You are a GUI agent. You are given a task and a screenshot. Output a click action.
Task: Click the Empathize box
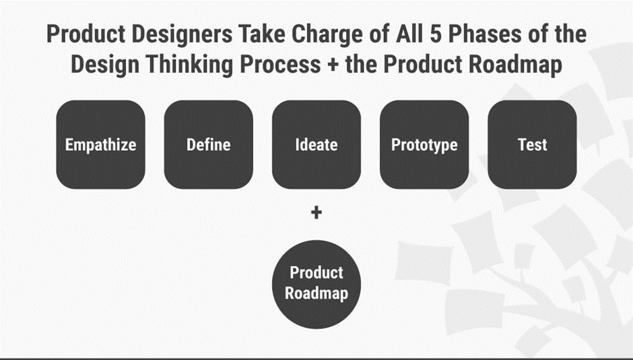pos(100,145)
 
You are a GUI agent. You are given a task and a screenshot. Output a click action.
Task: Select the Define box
pos(208,145)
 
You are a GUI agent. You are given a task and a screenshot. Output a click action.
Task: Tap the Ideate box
pos(316,145)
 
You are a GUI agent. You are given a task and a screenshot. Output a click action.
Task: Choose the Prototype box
pos(424,145)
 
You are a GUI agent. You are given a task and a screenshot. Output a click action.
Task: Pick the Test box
pos(532,145)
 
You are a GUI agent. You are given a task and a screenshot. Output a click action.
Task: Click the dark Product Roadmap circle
pos(316,283)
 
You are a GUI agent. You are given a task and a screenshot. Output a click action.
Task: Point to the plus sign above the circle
pos(316,213)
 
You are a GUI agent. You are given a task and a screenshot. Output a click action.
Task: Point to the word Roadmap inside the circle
pos(316,293)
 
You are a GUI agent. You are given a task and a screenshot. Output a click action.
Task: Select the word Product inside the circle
pos(316,273)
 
